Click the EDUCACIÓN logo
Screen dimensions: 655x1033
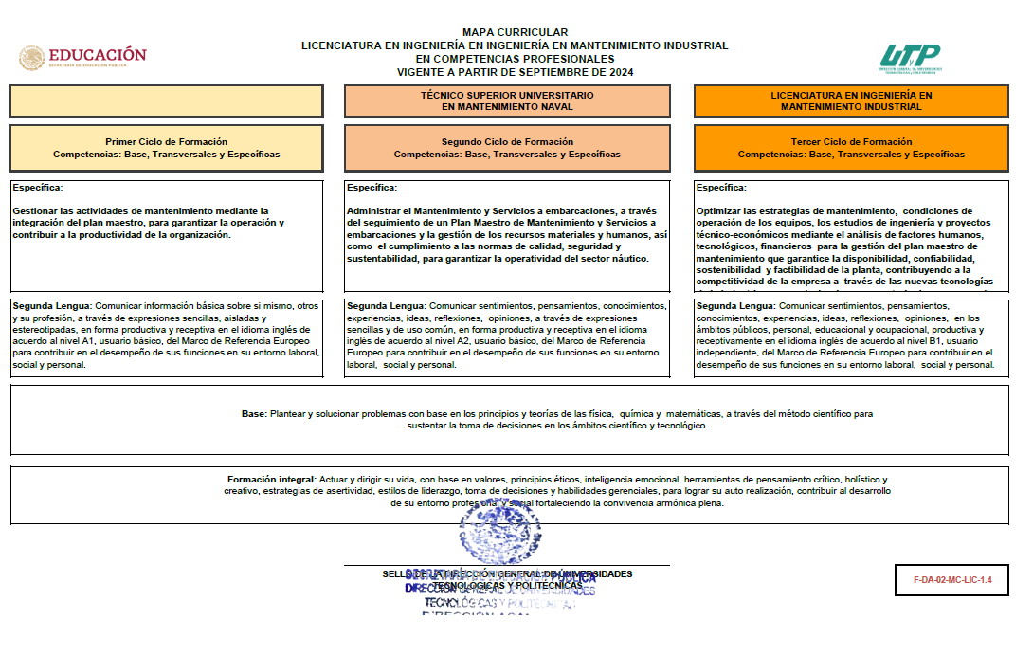(83, 57)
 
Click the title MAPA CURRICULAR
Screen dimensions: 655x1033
(515, 33)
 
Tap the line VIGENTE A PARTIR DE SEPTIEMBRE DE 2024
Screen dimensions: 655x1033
(515, 72)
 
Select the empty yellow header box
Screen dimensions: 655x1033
(167, 101)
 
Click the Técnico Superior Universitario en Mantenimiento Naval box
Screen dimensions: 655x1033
(507, 101)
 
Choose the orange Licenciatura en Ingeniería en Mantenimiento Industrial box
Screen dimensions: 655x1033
(851, 101)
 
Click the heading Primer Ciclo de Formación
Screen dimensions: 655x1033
(167, 142)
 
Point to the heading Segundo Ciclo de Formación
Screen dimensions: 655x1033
(507, 142)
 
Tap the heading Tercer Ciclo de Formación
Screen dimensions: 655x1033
(851, 142)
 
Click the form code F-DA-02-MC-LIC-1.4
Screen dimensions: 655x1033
(951, 579)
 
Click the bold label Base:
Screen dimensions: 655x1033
(254, 414)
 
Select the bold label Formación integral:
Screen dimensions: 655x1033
(272, 480)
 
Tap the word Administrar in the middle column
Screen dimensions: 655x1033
(373, 211)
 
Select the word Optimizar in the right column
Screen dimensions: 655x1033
(720, 211)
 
